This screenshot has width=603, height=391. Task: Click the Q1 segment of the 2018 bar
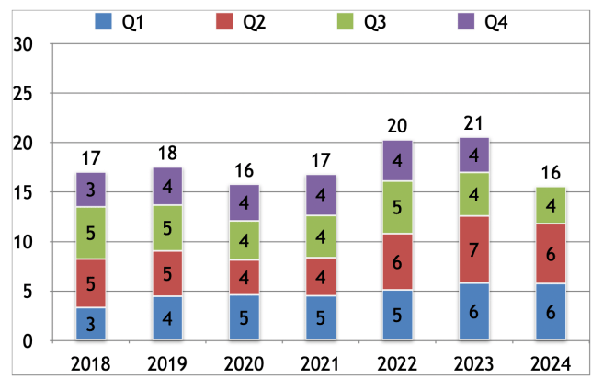click(x=90, y=324)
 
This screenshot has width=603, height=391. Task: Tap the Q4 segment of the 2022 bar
click(x=398, y=161)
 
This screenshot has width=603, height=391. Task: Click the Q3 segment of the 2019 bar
click(x=167, y=228)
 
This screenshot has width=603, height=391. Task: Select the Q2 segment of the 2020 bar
click(x=245, y=277)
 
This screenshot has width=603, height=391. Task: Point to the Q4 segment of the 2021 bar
click(x=321, y=195)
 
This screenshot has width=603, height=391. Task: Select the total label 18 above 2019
click(x=167, y=154)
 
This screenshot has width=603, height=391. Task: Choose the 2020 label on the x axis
click(x=245, y=363)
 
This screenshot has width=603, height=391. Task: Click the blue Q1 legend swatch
click(x=104, y=21)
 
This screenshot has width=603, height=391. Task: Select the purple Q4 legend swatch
click(x=466, y=21)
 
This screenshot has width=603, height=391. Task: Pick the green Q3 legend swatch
click(x=346, y=21)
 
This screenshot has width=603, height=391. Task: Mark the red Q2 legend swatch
click(x=224, y=21)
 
